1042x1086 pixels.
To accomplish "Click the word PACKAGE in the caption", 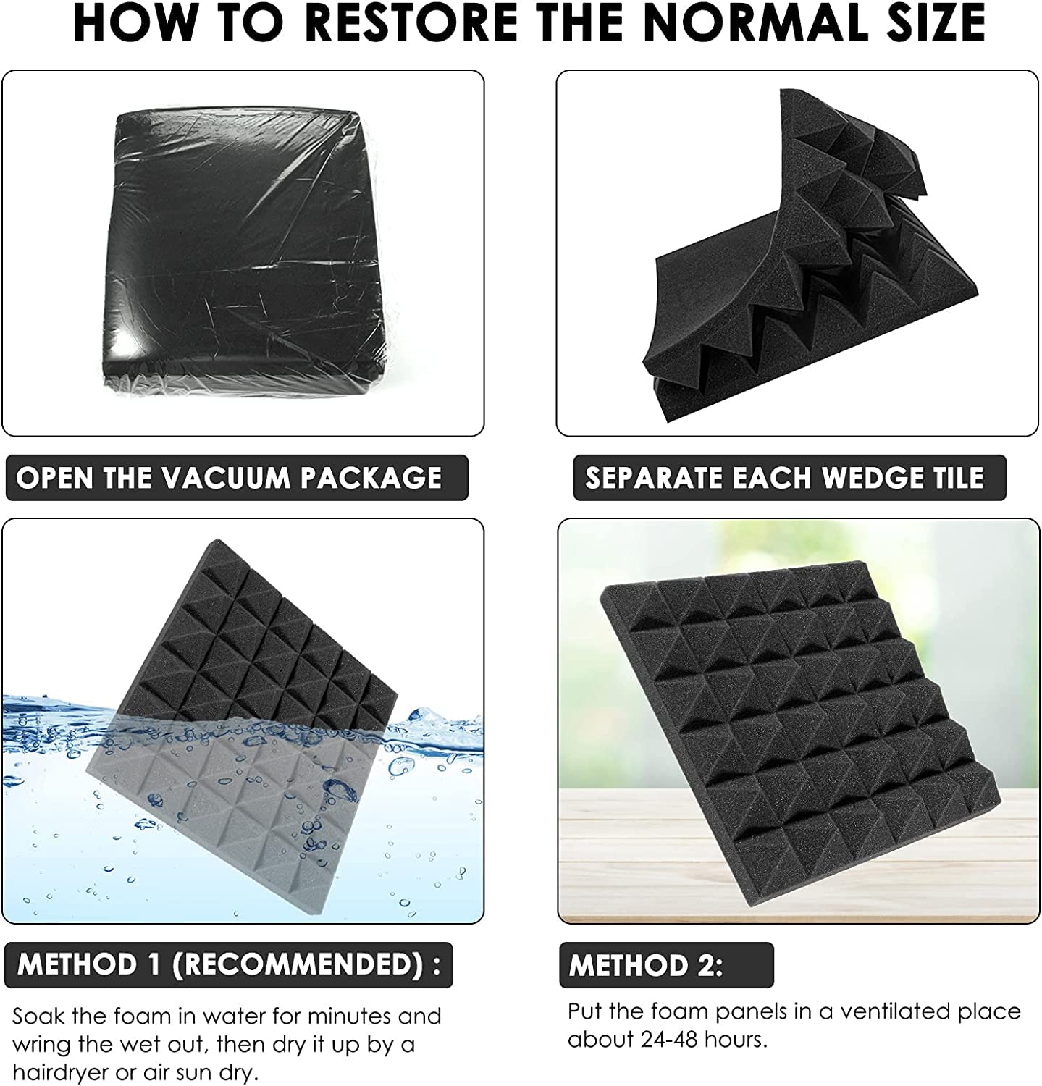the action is click(x=371, y=478).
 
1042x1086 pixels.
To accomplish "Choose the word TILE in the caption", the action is click(x=959, y=478).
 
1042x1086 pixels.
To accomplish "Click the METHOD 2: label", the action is click(x=646, y=965).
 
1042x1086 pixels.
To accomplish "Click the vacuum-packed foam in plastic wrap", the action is click(x=244, y=252).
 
